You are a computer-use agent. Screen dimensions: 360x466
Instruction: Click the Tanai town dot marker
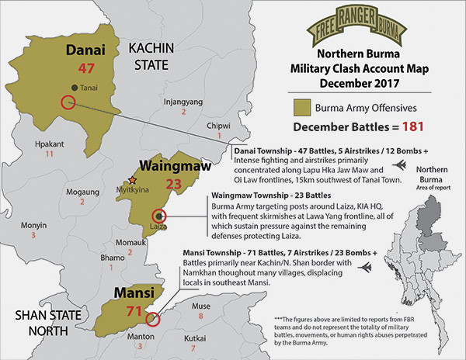click(73, 87)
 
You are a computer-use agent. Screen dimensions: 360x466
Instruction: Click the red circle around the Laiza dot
click(159, 216)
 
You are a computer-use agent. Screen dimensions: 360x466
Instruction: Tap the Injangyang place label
click(183, 102)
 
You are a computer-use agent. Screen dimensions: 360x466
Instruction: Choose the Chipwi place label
click(218, 126)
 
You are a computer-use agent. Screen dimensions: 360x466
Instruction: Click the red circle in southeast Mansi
click(152, 318)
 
